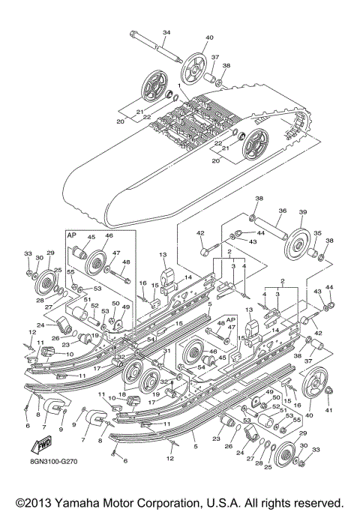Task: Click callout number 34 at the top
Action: [x=166, y=31]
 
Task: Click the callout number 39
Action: [x=304, y=212]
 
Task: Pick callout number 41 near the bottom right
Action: [x=327, y=409]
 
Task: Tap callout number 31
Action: [x=168, y=351]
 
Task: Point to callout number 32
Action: [x=121, y=356]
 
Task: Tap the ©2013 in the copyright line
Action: [x=28, y=500]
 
